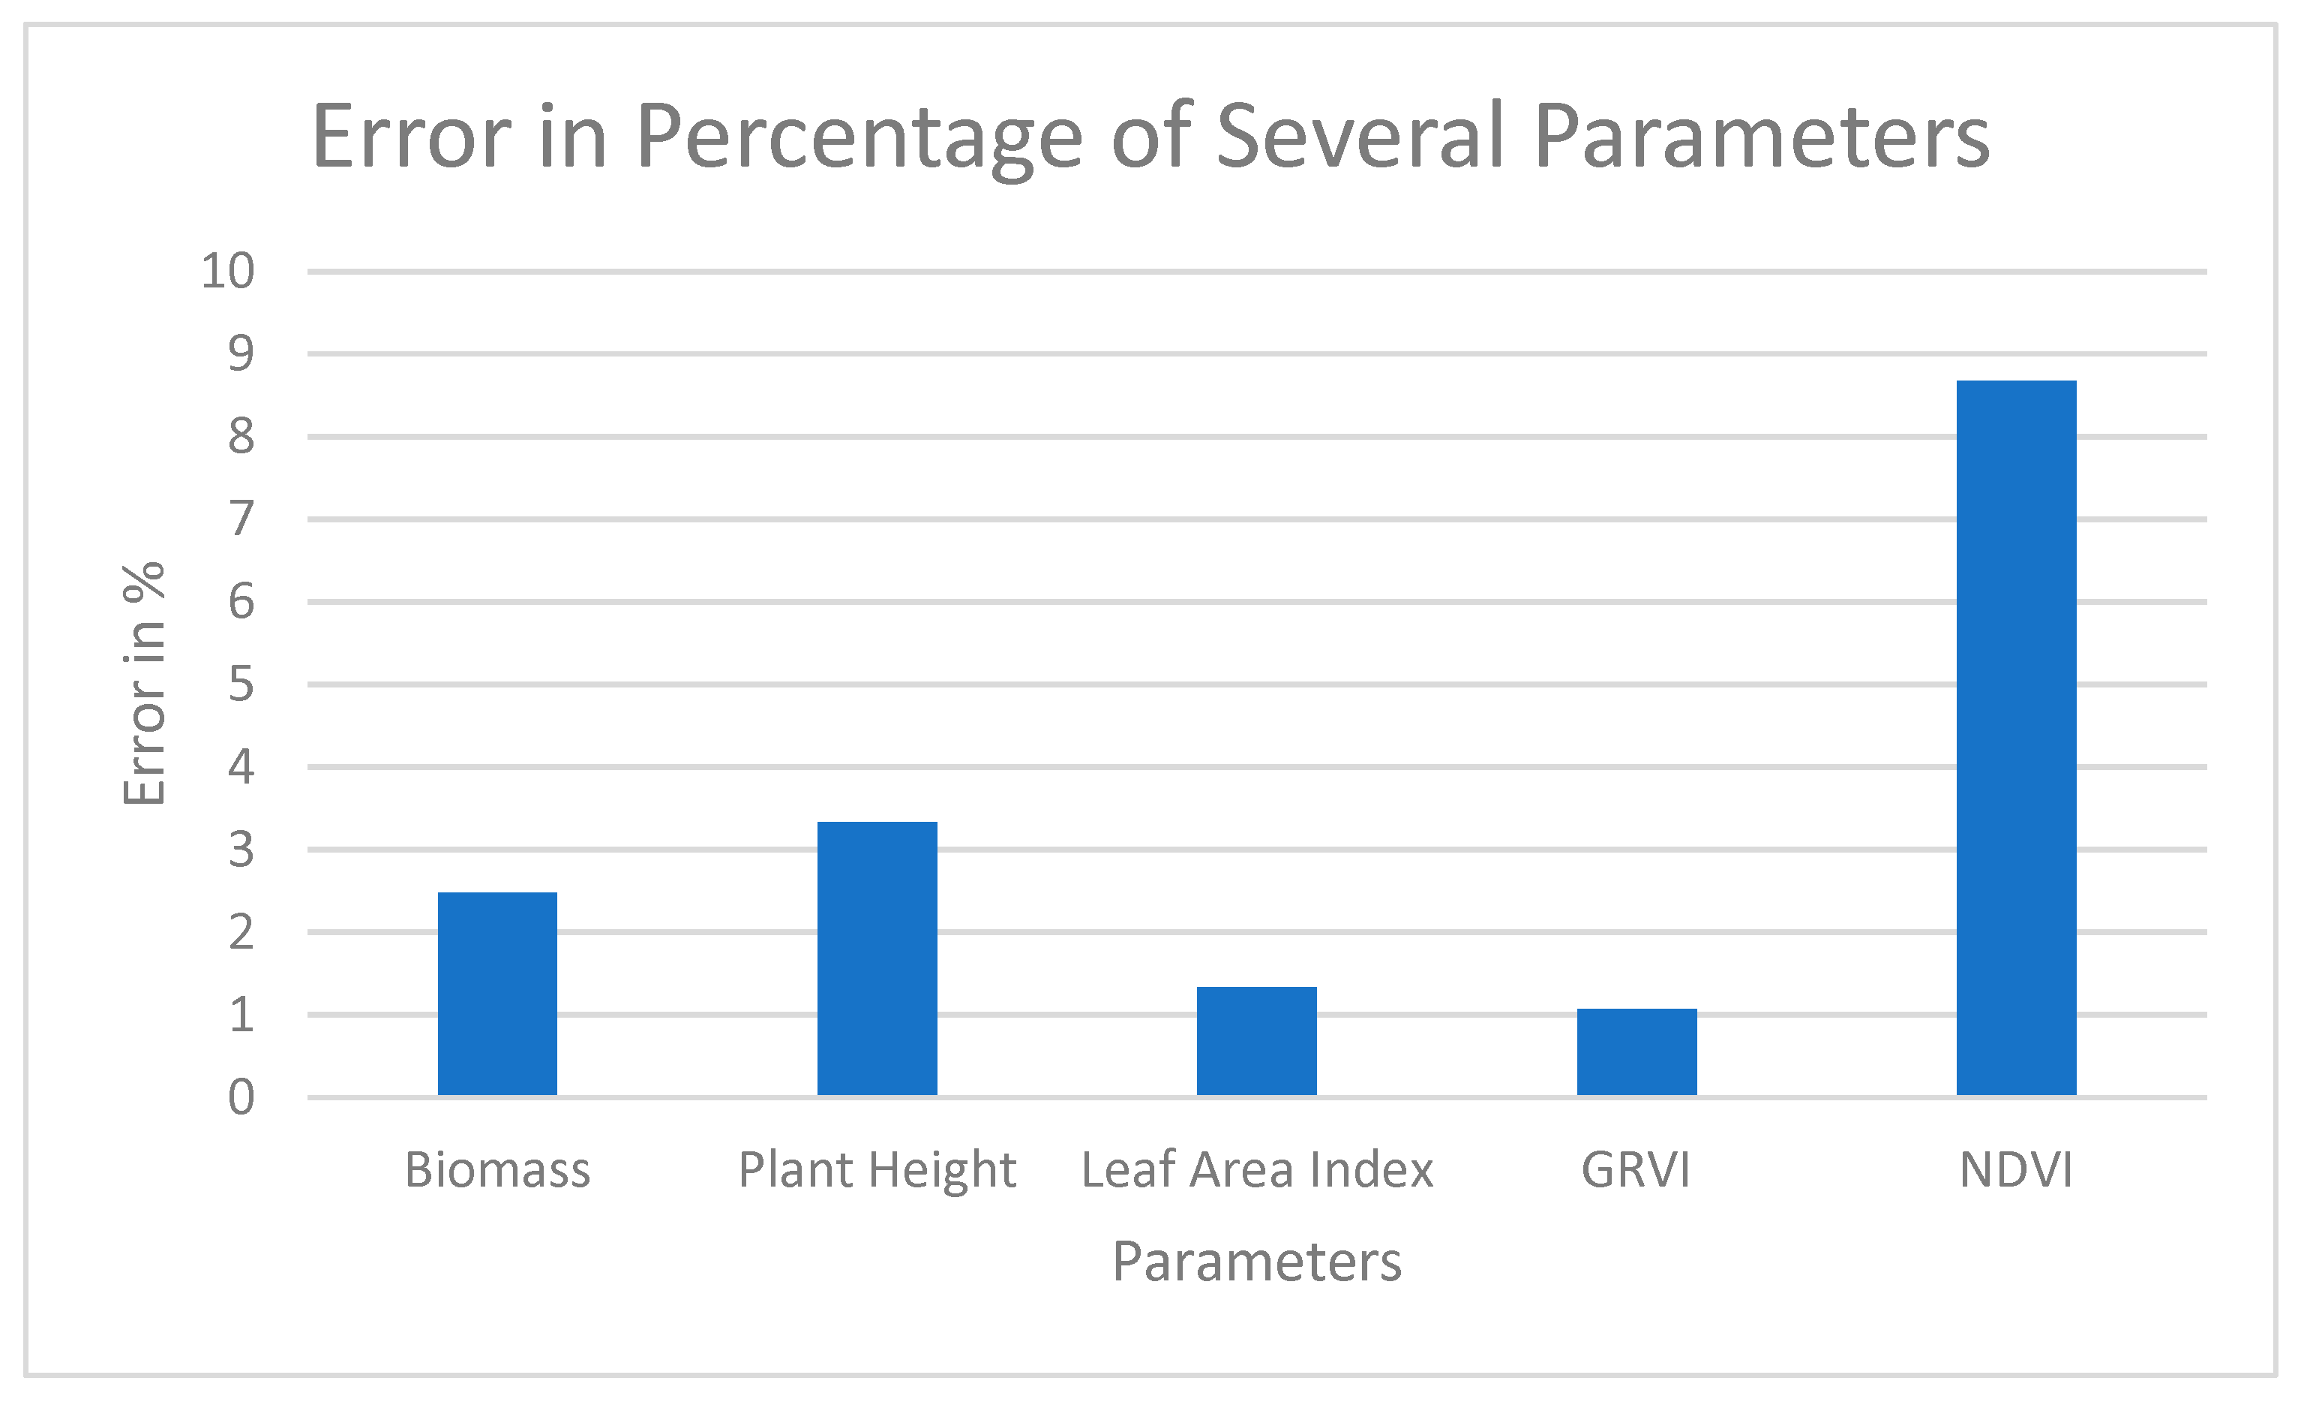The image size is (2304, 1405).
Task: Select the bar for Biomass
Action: tap(497, 994)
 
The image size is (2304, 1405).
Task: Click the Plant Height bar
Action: tap(877, 958)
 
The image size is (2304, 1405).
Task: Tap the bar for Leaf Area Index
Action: tap(1257, 1040)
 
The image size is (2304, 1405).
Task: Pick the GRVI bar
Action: tap(1636, 1051)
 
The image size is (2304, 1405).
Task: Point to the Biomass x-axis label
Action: tap(497, 1170)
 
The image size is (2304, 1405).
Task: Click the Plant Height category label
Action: tap(877, 1170)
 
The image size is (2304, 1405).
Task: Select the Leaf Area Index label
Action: tap(1257, 1170)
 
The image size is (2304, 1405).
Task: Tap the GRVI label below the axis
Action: tap(1636, 1170)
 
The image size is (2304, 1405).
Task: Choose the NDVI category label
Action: tap(2016, 1170)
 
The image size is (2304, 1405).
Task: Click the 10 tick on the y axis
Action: tap(227, 271)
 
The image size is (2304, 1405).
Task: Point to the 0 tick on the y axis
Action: tap(241, 1097)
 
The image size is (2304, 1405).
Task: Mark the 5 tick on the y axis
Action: tap(241, 684)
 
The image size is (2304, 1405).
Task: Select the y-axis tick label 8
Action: tap(241, 437)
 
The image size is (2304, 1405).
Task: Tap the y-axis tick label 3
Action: tap(241, 850)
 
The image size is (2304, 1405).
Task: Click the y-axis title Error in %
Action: tap(144, 684)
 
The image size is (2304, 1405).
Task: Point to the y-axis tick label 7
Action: tap(241, 519)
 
